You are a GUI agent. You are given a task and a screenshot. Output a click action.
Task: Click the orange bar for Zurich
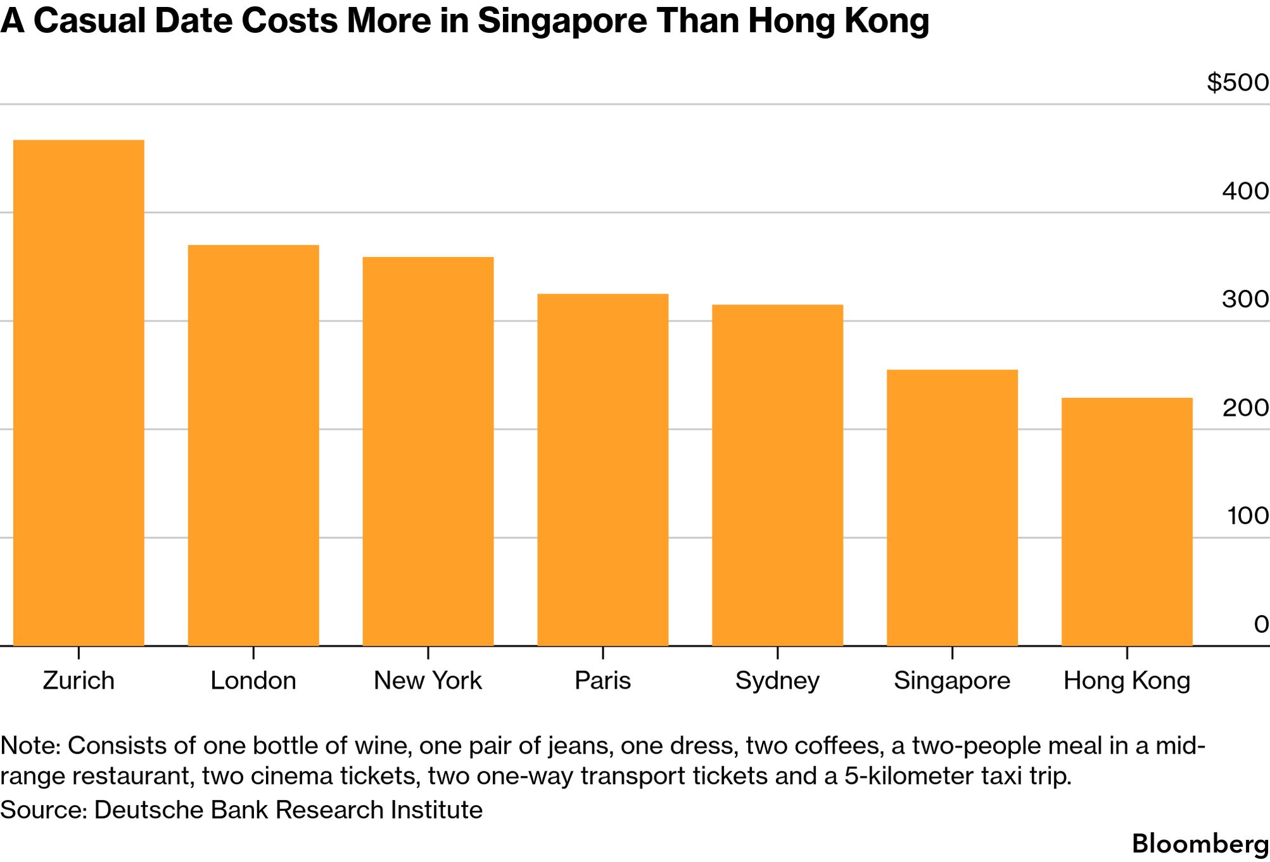pyautogui.click(x=79, y=393)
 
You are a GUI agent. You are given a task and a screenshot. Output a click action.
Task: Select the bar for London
pyautogui.click(x=253, y=446)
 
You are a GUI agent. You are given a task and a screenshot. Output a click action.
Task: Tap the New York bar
pyautogui.click(x=428, y=451)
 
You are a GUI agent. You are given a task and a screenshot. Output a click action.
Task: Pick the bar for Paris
pyautogui.click(x=603, y=470)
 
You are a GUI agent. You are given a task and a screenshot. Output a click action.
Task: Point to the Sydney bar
pyautogui.click(x=778, y=475)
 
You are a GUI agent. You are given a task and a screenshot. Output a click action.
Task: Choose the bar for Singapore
pyautogui.click(x=953, y=508)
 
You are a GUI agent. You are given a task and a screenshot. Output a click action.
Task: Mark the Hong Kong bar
pyautogui.click(x=1127, y=522)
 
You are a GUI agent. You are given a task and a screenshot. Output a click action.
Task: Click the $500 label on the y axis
pyautogui.click(x=1238, y=82)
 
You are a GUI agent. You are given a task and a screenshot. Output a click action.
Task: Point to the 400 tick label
pyautogui.click(x=1245, y=191)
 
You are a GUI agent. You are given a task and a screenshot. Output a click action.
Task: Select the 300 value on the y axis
pyautogui.click(x=1245, y=299)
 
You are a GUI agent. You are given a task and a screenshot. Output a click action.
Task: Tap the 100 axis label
pyautogui.click(x=1248, y=516)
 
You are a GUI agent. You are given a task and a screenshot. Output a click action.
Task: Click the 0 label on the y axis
pyautogui.click(x=1261, y=624)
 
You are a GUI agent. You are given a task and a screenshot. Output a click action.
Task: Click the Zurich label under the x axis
pyautogui.click(x=79, y=681)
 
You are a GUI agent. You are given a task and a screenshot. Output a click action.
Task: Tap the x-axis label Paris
pyautogui.click(x=603, y=681)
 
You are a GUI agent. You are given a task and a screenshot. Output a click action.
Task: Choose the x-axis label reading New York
pyautogui.click(x=428, y=681)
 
